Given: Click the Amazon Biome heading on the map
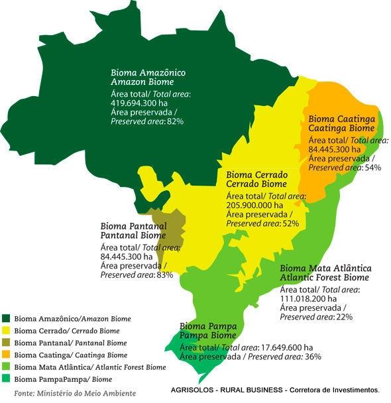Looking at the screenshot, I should click(142, 82).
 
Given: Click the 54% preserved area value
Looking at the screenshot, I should click(372, 168).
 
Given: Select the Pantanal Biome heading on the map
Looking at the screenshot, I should click(133, 235).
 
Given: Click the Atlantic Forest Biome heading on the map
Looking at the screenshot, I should click(325, 277).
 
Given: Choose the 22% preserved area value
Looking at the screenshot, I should click(344, 317).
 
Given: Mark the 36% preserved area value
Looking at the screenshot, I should click(313, 356).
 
